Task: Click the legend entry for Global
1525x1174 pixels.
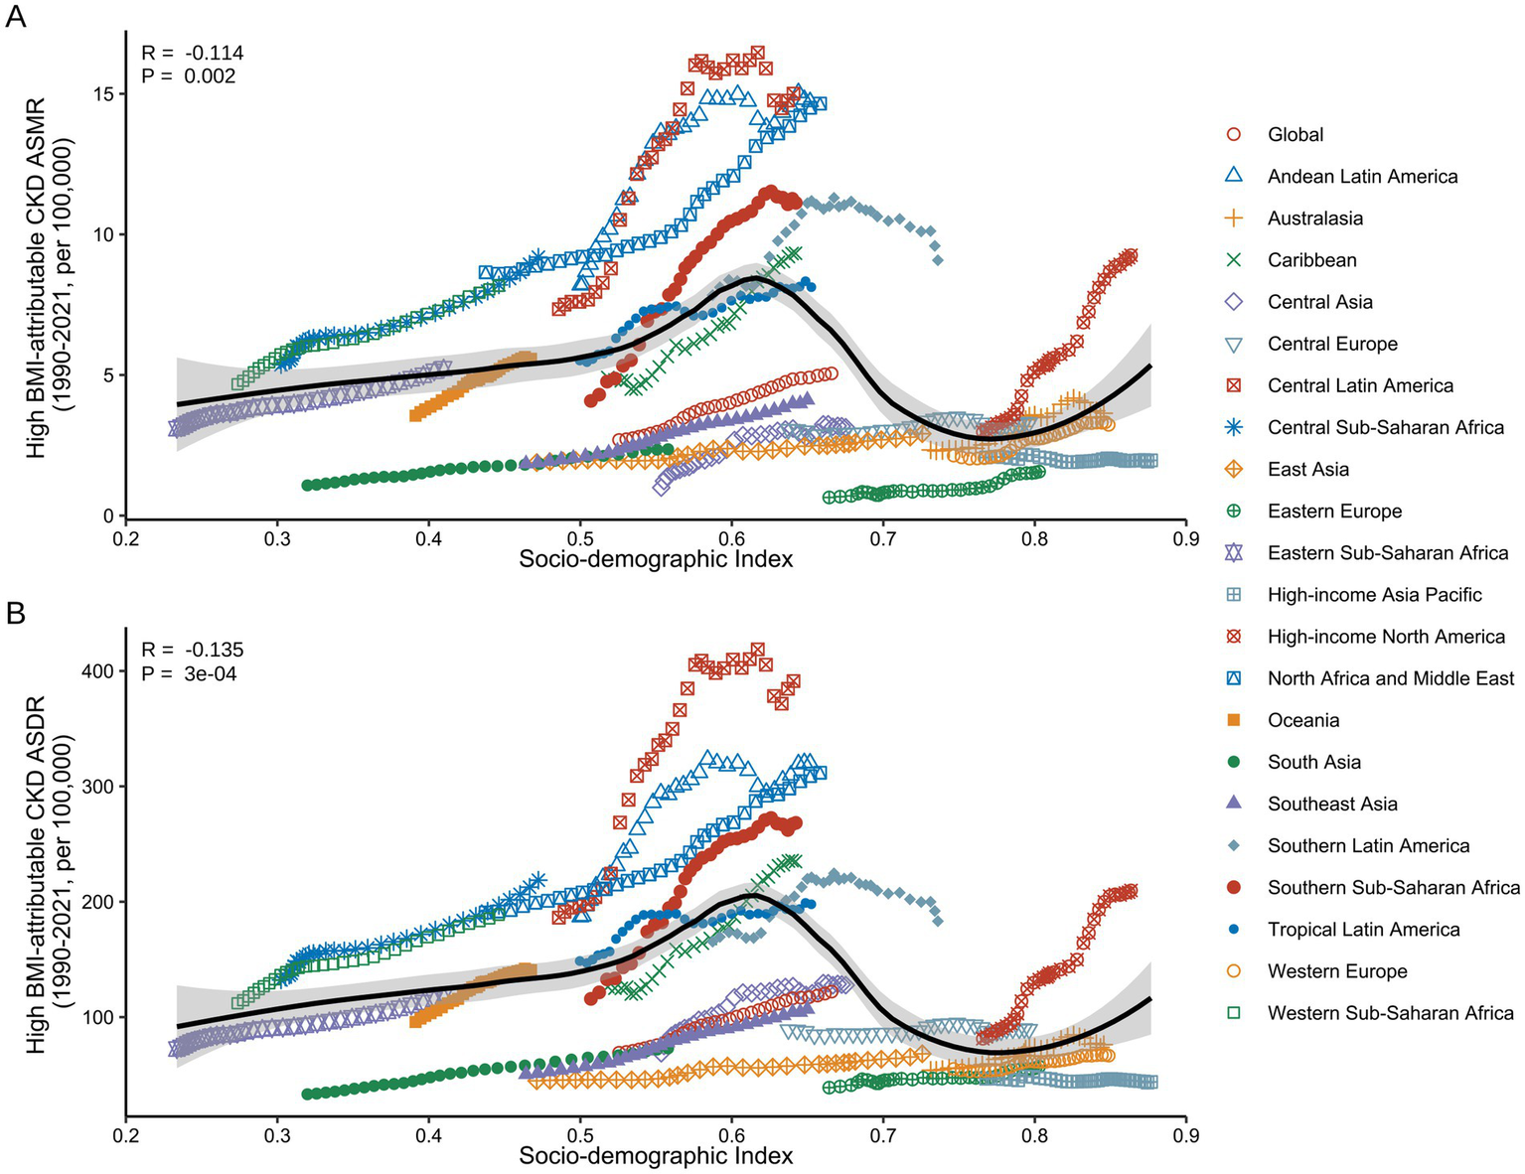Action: (1295, 134)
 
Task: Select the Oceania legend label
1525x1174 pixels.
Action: (1303, 720)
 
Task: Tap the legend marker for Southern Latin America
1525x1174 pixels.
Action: (1234, 845)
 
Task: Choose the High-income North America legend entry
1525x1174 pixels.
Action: (1386, 637)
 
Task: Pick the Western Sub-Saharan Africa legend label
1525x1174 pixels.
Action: (1390, 1013)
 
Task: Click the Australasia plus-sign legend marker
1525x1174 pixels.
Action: (1234, 218)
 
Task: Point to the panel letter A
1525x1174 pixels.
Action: (17, 17)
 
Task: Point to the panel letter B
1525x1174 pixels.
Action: (17, 614)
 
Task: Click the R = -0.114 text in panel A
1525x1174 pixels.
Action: (192, 54)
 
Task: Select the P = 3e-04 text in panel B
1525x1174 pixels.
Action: (189, 674)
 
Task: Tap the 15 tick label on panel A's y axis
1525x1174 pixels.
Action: (102, 93)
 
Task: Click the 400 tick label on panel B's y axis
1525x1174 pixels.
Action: (96, 670)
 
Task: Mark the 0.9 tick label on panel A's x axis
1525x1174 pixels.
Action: (1185, 539)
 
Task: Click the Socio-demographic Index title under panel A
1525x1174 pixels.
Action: (656, 559)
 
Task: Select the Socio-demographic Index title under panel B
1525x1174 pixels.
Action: (656, 1156)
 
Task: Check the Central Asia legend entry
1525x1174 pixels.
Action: (1319, 302)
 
